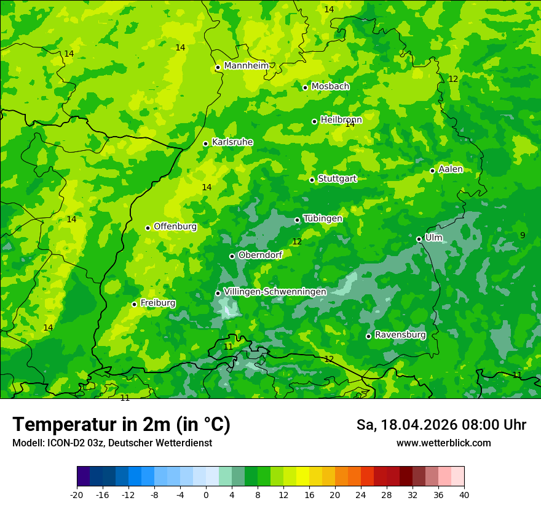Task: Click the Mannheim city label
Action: pos(247,66)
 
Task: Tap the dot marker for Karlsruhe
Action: pos(205,143)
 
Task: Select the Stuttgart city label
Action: pos(337,179)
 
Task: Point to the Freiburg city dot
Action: pos(134,304)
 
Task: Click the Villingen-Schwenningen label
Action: pos(275,292)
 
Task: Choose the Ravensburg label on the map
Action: pos(400,335)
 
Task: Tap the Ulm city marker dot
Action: pos(419,239)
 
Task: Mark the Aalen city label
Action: pos(451,169)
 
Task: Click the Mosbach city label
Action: pos(330,87)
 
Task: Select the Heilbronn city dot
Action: pos(314,121)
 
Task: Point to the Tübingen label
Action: pos(323,219)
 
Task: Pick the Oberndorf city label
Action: pos(260,255)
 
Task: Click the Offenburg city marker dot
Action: pos(148,228)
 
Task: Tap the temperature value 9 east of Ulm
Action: pos(523,235)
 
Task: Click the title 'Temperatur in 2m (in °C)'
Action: pos(121,425)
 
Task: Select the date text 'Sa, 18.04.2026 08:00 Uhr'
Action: pos(441,425)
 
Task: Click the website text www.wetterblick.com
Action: pos(443,443)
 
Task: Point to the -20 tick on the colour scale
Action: pos(77,494)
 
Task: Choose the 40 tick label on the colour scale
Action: pos(464,494)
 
